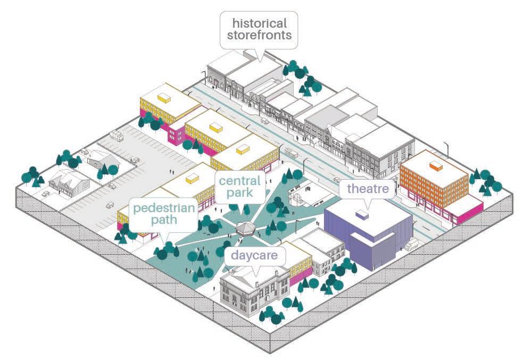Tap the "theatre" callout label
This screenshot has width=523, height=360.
click(x=367, y=189)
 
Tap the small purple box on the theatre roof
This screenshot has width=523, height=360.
click(x=362, y=215)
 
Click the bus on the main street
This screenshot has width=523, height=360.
click(x=290, y=152)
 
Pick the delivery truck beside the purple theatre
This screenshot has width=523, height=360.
click(x=411, y=245)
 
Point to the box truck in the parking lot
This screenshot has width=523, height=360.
click(x=116, y=136)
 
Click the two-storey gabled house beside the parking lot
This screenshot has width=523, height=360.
click(x=68, y=183)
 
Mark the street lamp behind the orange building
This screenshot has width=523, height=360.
click(x=448, y=150)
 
